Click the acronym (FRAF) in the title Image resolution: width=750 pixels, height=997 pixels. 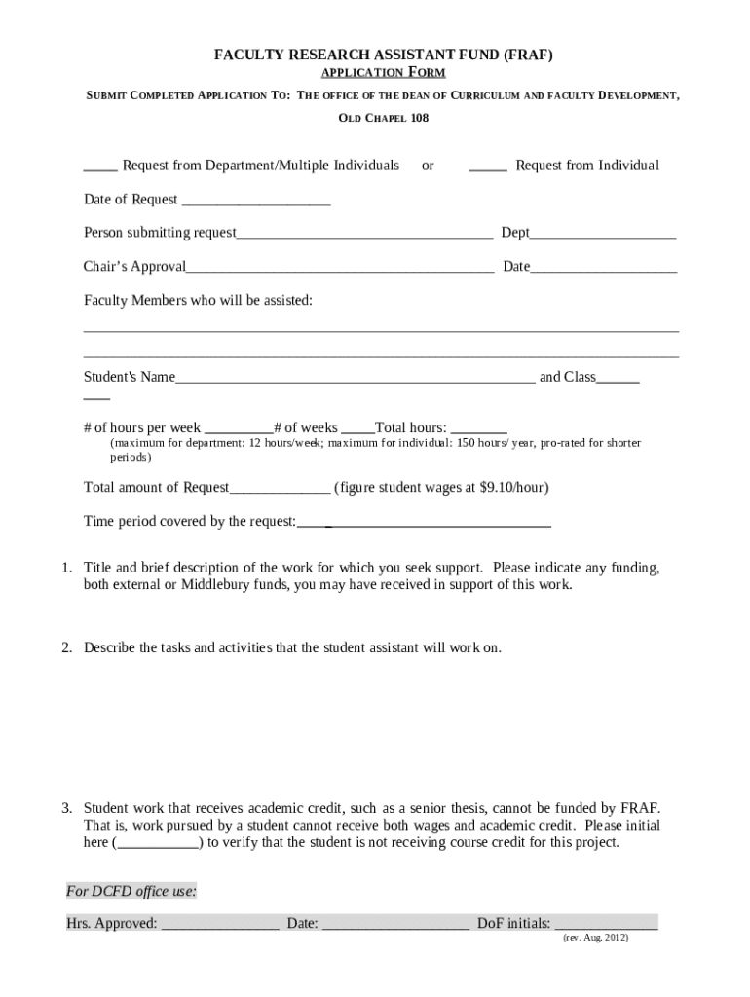(x=527, y=55)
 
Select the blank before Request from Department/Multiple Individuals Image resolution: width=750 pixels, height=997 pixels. (x=100, y=167)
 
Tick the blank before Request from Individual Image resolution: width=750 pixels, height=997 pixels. (x=487, y=167)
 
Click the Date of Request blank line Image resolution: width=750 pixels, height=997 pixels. (x=256, y=203)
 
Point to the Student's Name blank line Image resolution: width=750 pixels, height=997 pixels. (x=355, y=380)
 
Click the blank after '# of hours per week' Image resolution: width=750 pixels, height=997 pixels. (x=239, y=430)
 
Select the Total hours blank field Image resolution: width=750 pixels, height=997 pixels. (x=479, y=430)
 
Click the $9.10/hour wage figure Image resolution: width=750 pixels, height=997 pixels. (x=507, y=487)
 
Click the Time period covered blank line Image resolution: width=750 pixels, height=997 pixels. (x=425, y=524)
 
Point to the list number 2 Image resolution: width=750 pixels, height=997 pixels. (x=66, y=647)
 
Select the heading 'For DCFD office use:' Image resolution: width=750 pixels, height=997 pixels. (x=131, y=891)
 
